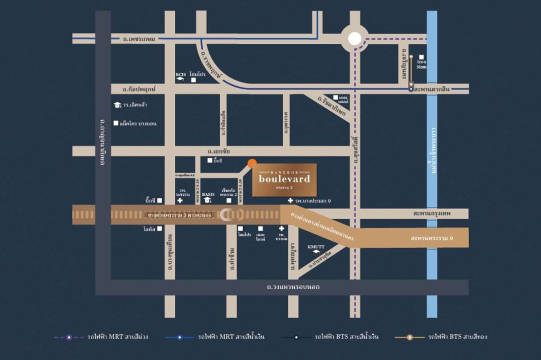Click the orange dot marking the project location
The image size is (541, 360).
tap(252, 163)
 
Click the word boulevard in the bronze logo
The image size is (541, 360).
tap(284, 178)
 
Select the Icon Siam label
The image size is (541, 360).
tap(421, 64)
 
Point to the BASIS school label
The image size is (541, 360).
tap(208, 194)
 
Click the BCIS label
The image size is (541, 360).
tap(180, 74)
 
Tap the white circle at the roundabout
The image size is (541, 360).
tap(355, 39)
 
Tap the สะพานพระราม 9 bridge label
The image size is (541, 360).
tap(432, 238)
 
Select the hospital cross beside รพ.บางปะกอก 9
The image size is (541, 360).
tap(290, 201)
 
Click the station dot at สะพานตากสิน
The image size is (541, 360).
tap(411, 89)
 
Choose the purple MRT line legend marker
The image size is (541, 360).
tap(69, 337)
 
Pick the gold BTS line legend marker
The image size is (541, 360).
tap(409, 337)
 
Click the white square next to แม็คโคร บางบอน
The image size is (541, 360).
tap(116, 124)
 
